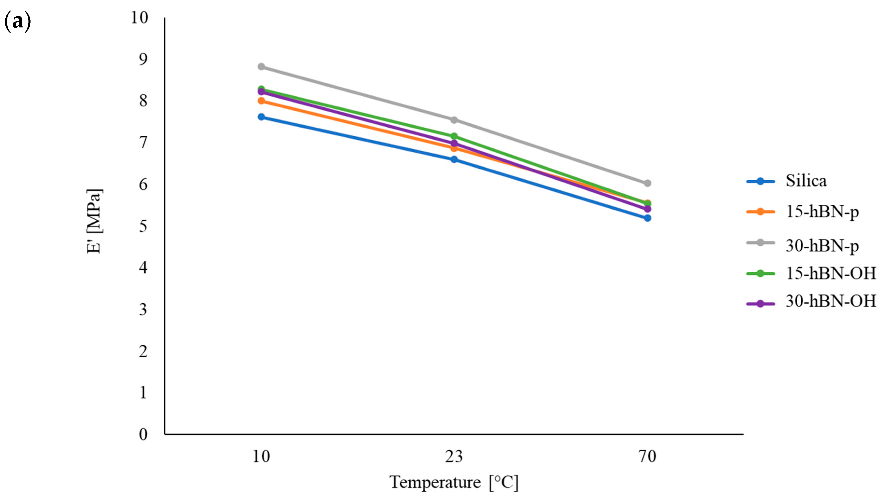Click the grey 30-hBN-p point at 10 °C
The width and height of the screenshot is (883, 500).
click(x=261, y=67)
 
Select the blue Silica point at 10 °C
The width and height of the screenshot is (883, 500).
click(x=261, y=117)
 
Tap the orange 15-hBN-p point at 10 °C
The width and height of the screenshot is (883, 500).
click(x=261, y=101)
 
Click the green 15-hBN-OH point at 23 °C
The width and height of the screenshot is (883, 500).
click(x=454, y=136)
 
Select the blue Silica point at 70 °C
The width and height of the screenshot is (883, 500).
click(x=647, y=218)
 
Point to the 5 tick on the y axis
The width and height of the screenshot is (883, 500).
click(x=143, y=226)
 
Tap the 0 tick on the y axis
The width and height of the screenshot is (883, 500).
click(x=143, y=434)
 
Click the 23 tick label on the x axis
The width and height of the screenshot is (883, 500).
click(x=454, y=457)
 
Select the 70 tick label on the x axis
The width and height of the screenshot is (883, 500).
click(x=647, y=457)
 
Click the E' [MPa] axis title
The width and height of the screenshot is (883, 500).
click(x=94, y=221)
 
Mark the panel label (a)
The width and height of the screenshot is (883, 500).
click(x=17, y=22)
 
